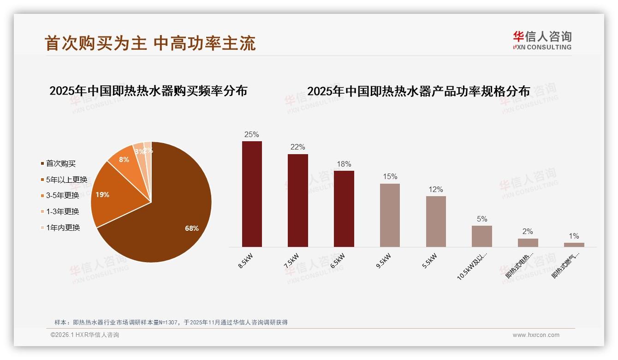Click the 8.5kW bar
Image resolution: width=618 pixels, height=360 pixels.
252,194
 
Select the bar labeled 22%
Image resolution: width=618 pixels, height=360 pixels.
297,200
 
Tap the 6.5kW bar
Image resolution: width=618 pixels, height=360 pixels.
344,209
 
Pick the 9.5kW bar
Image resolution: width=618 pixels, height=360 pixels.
390,215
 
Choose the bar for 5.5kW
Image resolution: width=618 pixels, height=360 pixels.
436,221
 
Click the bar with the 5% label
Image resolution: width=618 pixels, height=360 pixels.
481,236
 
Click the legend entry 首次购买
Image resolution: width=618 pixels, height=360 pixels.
60,163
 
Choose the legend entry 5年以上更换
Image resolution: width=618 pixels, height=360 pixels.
66,180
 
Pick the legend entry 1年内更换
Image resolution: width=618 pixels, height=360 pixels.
63,228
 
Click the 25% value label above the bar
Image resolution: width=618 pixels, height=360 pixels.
251,134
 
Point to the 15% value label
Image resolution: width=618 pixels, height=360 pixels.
390,177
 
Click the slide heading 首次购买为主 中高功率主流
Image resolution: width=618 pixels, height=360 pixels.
150,43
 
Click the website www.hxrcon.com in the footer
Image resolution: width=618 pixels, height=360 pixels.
536,335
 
